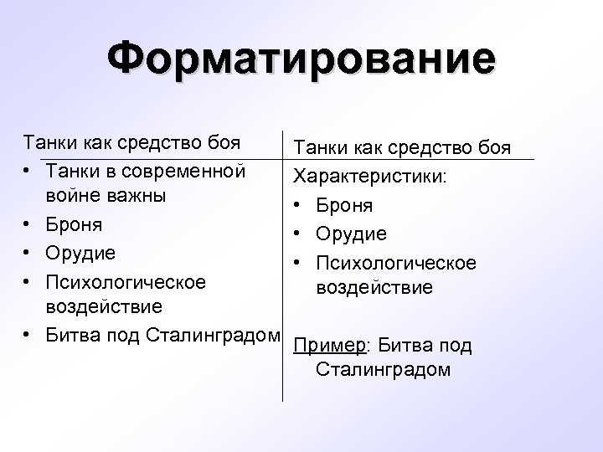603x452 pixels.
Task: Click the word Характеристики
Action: pos(368,178)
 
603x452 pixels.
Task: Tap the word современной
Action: pos(184,171)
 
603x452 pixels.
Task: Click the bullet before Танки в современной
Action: pos(28,171)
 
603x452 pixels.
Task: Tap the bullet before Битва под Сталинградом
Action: pos(28,336)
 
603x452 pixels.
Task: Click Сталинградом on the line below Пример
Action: pos(384,369)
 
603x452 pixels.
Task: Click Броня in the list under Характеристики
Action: pos(345,206)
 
